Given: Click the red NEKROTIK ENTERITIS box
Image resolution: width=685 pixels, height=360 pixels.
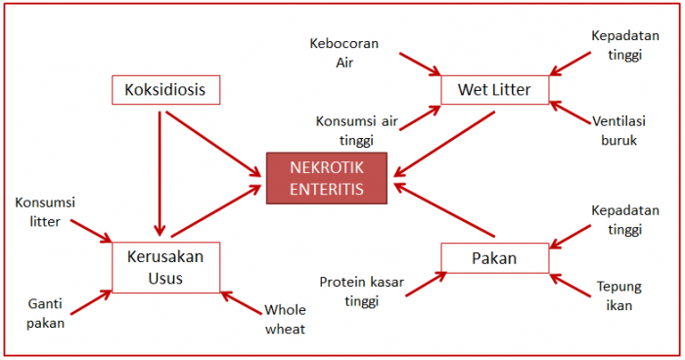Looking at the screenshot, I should click(x=328, y=177).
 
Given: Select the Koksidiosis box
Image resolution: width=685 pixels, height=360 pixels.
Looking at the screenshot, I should click(x=164, y=91).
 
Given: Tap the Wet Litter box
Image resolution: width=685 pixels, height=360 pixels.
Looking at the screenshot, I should click(x=494, y=91).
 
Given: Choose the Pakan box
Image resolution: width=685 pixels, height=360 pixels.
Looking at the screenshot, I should click(x=492, y=258).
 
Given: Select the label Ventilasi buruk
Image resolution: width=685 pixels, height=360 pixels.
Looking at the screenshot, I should click(x=616, y=131).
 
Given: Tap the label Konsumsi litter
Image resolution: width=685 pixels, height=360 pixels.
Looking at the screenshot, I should click(x=46, y=212).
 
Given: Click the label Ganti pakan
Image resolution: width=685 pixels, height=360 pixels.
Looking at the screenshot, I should click(x=46, y=313).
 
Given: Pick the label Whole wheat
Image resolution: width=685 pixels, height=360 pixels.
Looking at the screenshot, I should click(x=285, y=320).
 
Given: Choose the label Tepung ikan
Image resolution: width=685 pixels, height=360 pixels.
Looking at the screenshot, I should click(x=618, y=295).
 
